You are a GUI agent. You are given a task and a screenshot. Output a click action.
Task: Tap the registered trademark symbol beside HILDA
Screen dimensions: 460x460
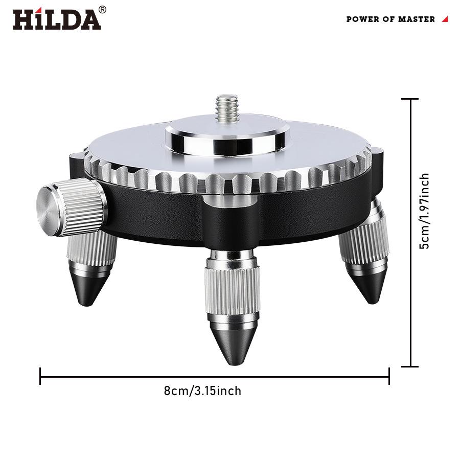click(102, 9)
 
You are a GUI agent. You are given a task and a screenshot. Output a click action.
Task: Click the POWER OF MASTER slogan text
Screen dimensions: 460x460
click(390, 19)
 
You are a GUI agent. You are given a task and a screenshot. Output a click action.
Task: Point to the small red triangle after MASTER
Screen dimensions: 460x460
click(445, 19)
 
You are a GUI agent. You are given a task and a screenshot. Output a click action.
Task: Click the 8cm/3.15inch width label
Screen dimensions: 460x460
click(202, 391)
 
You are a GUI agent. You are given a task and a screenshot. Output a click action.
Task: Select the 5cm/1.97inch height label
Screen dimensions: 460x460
click(424, 211)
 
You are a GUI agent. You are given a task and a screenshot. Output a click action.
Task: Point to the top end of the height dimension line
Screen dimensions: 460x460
click(410, 99)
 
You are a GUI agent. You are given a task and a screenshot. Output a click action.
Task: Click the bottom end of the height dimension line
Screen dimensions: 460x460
click(410, 366)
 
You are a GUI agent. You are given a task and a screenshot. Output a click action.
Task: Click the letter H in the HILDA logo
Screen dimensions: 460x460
click(23, 19)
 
